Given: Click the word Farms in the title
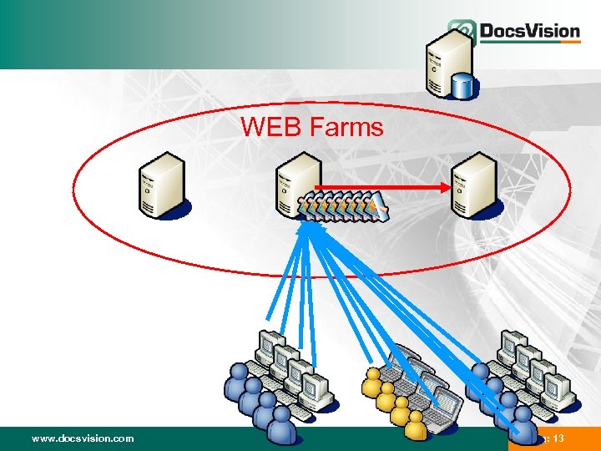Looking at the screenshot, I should pyautogui.click(x=346, y=127).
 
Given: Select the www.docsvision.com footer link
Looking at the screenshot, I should pyautogui.click(x=82, y=438).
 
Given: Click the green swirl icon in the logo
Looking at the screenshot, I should pyautogui.click(x=462, y=32).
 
